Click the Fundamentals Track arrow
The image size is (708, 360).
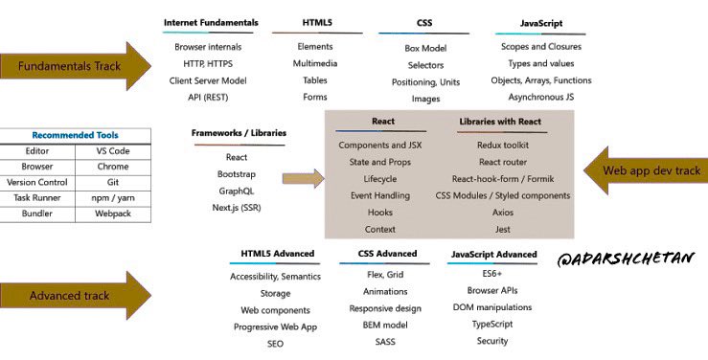76,66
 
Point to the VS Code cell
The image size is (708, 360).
114,151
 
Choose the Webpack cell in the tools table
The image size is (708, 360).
114,214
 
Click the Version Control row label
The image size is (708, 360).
37,182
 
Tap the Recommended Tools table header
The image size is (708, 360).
76,136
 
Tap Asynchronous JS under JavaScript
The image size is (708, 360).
541,97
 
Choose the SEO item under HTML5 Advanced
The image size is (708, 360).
276,343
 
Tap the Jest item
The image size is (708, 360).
503,230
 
